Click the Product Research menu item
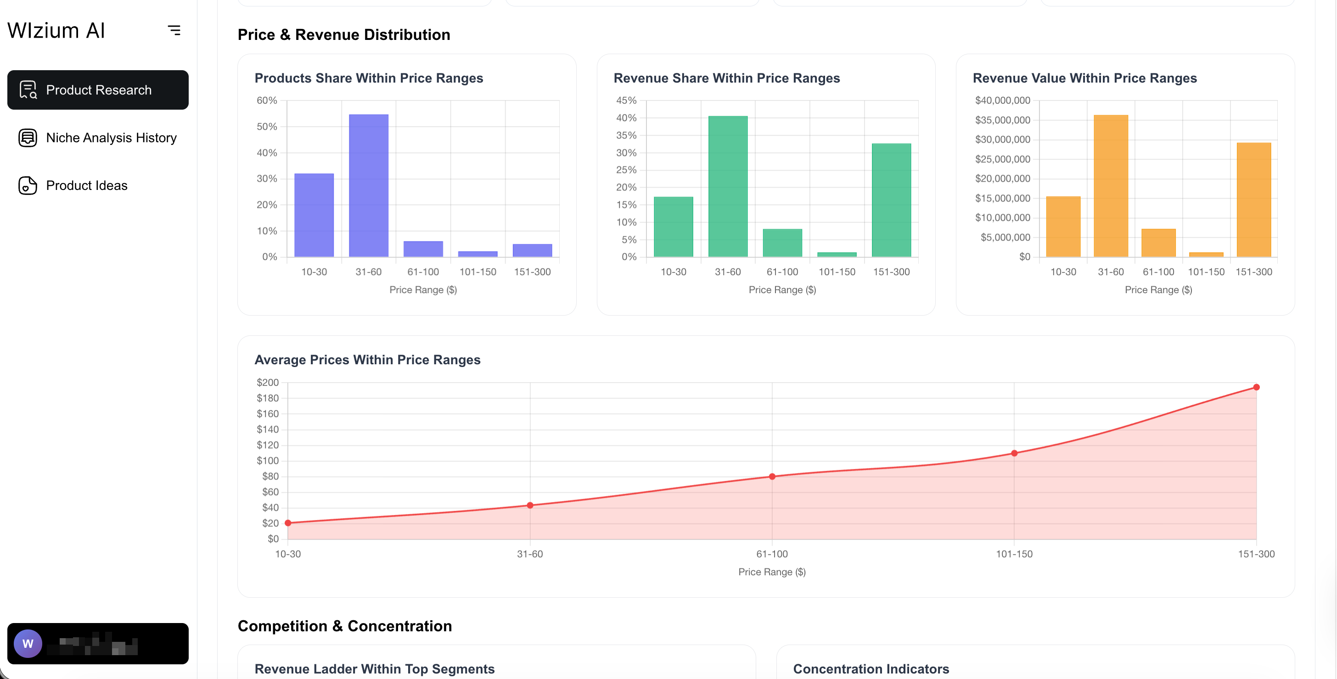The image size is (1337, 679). [x=98, y=90]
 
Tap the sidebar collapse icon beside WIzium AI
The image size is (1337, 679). [x=174, y=31]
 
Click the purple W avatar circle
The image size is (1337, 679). [x=28, y=643]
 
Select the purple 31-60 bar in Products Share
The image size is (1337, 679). [x=369, y=186]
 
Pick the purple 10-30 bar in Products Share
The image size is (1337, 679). [x=314, y=215]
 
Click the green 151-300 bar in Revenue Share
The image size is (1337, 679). [x=891, y=200]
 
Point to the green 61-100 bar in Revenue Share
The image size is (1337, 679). [x=782, y=243]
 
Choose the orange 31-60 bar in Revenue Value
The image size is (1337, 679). [x=1111, y=186]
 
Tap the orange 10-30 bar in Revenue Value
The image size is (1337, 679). [x=1063, y=227]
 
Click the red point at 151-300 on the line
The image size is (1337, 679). [x=1256, y=387]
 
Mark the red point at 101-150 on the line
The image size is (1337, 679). [x=1014, y=453]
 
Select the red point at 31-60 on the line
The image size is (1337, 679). [x=530, y=505]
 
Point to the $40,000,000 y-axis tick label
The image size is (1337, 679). [x=1002, y=100]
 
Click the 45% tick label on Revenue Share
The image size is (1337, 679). [x=626, y=100]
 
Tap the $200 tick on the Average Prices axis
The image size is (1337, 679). [x=267, y=382]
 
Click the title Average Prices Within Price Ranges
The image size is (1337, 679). [x=367, y=360]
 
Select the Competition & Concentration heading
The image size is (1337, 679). [x=345, y=626]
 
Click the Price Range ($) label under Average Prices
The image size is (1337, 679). [x=772, y=572]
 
